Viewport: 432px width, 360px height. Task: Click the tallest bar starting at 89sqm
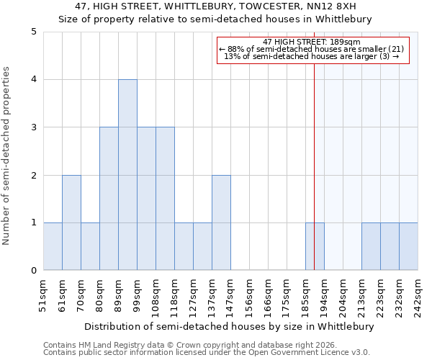[127, 175]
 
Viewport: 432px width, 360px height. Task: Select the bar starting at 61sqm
[71, 222]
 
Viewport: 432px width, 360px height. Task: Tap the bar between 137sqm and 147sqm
[221, 222]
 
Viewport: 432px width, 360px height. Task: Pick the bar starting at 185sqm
[315, 247]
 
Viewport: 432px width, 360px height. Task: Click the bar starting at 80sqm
[109, 199]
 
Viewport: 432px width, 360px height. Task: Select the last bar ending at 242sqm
[408, 247]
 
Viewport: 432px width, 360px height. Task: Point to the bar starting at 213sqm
[371, 247]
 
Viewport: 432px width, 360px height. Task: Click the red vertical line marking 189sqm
[314, 158]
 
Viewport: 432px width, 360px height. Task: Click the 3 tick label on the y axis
[34, 127]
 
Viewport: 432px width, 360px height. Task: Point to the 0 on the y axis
[34, 271]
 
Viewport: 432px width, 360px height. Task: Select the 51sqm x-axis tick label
[43, 295]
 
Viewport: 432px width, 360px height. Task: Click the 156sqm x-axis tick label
[249, 295]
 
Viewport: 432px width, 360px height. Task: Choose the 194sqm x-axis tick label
[324, 295]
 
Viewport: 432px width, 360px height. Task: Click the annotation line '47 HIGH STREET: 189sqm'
[312, 42]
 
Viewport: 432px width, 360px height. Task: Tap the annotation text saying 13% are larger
[312, 56]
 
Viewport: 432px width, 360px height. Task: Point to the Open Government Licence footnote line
[207, 352]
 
